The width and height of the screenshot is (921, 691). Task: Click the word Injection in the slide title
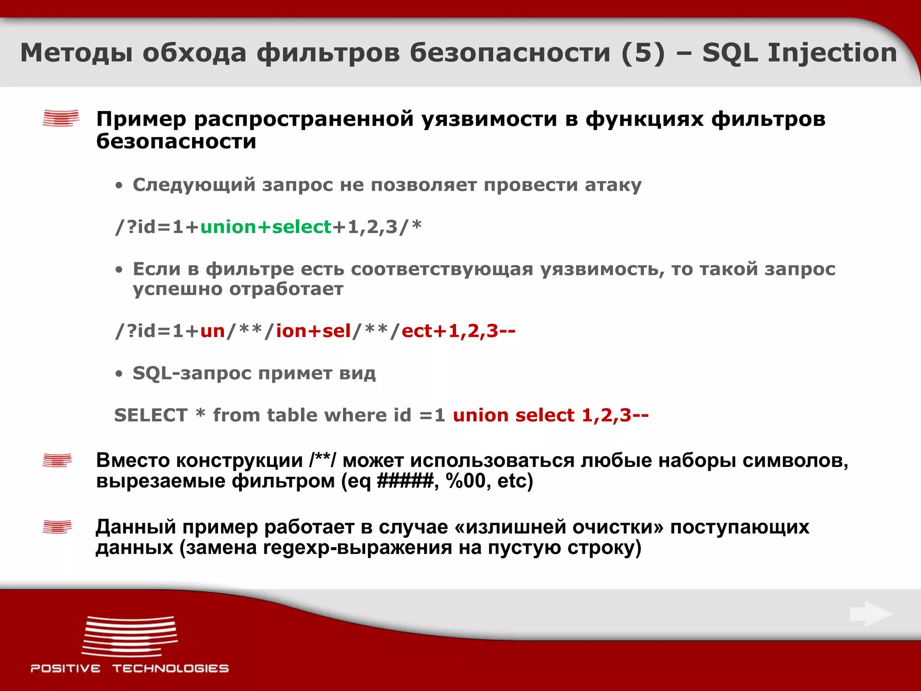832,53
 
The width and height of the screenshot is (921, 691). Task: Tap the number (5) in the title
643,53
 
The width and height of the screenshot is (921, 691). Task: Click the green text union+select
265,227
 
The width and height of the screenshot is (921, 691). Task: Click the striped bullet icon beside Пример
61,118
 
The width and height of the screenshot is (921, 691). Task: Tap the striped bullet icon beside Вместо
57,460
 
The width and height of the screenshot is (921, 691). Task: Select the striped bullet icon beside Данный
57,526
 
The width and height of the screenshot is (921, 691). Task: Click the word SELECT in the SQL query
151,415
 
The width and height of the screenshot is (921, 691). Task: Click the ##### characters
405,481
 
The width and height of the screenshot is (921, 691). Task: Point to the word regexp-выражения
358,547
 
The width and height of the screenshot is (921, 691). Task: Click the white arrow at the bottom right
870,614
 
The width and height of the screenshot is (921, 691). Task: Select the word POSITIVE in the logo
66,669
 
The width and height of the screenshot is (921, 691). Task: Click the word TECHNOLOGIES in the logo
170,669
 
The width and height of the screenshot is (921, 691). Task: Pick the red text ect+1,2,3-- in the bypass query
458,331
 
